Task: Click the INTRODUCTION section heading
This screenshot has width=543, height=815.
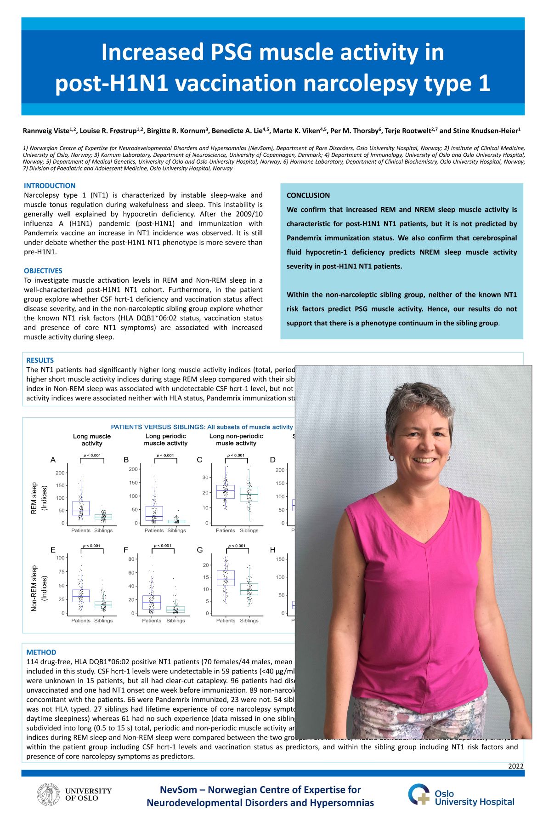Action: [50, 186]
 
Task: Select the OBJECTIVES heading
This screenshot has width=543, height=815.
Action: [43, 271]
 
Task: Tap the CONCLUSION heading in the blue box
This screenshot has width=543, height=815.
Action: [308, 195]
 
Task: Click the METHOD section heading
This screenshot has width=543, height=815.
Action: [41, 652]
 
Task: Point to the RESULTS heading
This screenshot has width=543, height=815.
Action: [40, 360]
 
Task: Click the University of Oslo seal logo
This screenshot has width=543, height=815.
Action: [48, 795]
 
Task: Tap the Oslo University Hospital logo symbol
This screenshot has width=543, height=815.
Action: [419, 795]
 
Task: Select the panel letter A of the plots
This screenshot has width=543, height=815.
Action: [53, 460]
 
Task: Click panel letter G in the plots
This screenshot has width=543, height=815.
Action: [199, 550]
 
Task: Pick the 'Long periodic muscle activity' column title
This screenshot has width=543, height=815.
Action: [165, 439]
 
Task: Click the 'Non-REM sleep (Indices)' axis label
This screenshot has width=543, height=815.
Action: [39, 588]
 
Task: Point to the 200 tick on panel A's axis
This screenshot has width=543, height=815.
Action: [60, 473]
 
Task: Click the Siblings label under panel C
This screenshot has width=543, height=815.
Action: [249, 530]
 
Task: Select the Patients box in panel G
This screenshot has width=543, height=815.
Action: [226, 578]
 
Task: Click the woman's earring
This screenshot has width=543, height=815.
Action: [391, 458]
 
